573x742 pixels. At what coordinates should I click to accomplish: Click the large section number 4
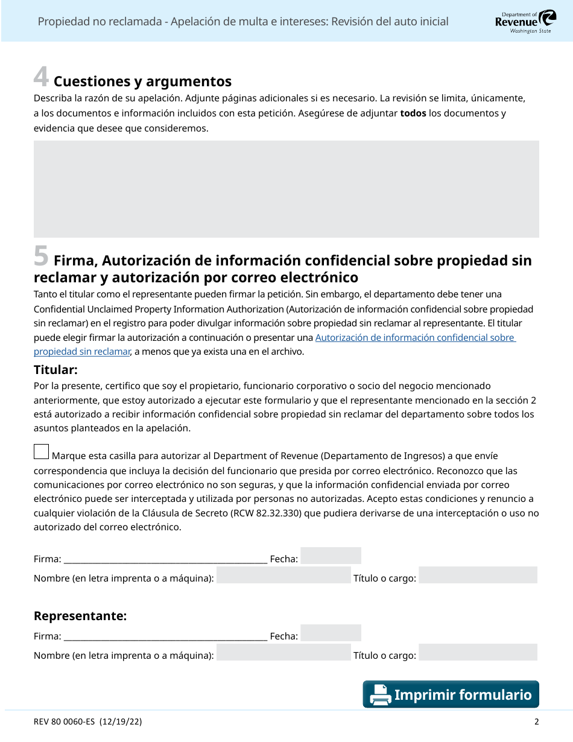click(x=41, y=77)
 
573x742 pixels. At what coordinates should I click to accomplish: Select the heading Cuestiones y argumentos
click(x=142, y=81)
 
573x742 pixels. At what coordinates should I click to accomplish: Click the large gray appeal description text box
click(x=286, y=189)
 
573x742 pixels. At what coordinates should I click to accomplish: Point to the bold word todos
click(x=413, y=113)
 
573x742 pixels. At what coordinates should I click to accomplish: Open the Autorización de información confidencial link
click(x=414, y=338)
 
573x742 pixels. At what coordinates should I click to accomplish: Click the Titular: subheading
click(x=55, y=370)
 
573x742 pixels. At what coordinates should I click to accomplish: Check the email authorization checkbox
click(x=42, y=452)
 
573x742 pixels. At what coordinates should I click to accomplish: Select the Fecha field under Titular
click(x=331, y=556)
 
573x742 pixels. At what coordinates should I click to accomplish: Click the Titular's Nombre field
click(x=283, y=576)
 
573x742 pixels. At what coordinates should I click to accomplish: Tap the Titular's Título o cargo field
click(x=478, y=576)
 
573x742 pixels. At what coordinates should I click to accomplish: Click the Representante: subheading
click(x=80, y=616)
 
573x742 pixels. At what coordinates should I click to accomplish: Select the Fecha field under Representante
click(x=331, y=633)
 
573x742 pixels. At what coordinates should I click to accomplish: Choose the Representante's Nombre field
click(x=283, y=653)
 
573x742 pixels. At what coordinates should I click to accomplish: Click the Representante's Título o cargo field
click(x=478, y=653)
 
